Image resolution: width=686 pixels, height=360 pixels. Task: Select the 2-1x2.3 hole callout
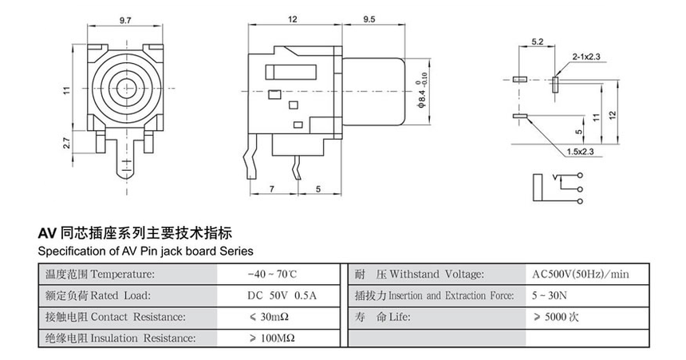pos(585,57)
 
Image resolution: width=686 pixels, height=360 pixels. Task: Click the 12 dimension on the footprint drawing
pos(613,113)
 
